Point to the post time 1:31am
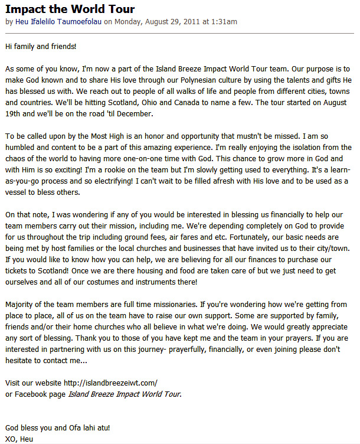point(224,22)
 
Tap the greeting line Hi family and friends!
point(41,46)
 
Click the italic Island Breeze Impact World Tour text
point(124,394)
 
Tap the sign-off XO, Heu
point(19,439)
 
